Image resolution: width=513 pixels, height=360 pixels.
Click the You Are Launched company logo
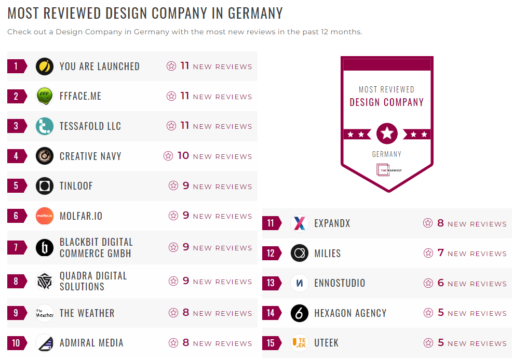[x=45, y=66]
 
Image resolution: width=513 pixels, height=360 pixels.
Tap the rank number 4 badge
[x=16, y=156]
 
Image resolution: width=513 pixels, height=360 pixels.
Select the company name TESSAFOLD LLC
[x=90, y=126]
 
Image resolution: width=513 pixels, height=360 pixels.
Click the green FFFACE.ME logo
[x=45, y=96]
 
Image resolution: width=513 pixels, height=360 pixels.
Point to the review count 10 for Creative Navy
[x=183, y=156]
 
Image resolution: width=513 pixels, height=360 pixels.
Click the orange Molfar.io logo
[x=45, y=216]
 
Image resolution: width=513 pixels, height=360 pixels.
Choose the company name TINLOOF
[x=76, y=186]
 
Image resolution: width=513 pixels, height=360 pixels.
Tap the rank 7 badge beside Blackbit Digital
[x=16, y=247]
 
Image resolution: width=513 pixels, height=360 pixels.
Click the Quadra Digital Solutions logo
[x=45, y=281]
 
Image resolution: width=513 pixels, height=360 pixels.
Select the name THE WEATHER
[x=87, y=313]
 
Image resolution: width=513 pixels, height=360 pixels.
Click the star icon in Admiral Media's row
[x=173, y=343]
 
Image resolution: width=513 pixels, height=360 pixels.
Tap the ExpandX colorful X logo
[x=300, y=223]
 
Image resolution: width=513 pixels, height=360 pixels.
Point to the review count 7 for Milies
[x=440, y=253]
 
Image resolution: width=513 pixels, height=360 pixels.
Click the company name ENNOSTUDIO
[x=340, y=283]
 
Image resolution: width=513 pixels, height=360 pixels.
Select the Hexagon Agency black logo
[x=300, y=313]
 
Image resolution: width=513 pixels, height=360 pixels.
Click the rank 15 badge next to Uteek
[x=271, y=343]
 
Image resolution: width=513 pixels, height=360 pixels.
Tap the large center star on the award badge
[x=387, y=134]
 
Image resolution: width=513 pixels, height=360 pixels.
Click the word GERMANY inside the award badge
[x=387, y=154]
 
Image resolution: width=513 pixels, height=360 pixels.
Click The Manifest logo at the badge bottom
[x=387, y=170]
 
